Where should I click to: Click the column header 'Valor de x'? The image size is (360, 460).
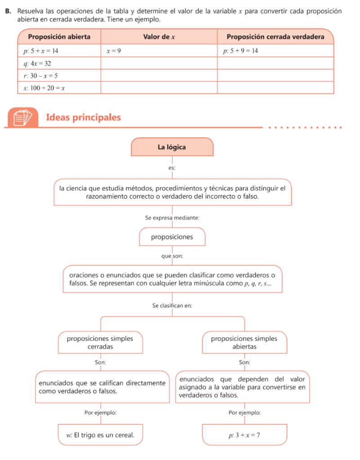point(159,36)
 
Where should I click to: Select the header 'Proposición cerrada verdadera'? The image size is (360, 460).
point(275,36)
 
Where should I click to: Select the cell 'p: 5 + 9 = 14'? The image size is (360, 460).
point(241,51)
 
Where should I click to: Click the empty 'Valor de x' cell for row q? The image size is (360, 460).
point(159,63)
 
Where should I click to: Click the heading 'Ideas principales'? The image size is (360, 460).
point(84,118)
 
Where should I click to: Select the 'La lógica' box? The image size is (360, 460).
point(172,147)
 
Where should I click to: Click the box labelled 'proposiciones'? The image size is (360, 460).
point(172,237)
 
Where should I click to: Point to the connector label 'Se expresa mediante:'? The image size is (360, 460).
point(172,217)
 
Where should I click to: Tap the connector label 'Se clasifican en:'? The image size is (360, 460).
point(172,305)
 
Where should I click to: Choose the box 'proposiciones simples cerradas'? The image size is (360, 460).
point(100,343)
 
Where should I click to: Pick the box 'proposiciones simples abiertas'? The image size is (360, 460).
point(244,343)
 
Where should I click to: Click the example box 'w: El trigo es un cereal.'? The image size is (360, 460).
point(100,435)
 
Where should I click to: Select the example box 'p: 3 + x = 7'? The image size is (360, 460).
point(244,435)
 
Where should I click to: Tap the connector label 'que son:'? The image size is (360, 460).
point(172,256)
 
